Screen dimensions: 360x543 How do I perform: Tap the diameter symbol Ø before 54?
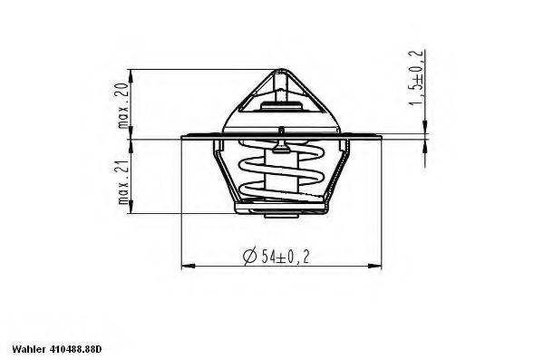click(249, 256)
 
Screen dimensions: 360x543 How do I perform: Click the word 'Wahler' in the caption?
click(28, 348)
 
